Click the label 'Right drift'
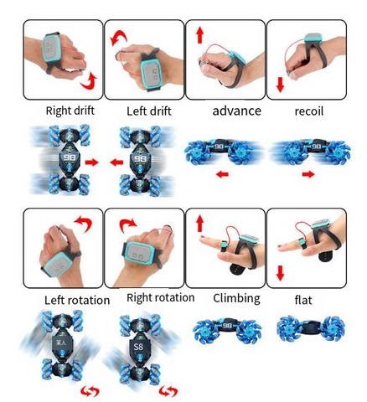pos(70,111)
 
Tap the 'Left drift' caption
pos(149,111)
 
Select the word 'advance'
pos(237,111)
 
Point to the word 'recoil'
pos(309,111)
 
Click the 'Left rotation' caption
pos(77,301)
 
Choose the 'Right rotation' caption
pos(161,297)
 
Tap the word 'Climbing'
pos(236,298)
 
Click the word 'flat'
pos(303,300)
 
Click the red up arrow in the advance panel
pos(199,35)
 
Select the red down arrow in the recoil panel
pos(280,85)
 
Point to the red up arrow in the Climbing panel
pos(199,224)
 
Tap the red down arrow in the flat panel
pos(280,273)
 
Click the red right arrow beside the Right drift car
pos(92,162)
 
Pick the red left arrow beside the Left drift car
pos(116,162)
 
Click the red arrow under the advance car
pos(223,174)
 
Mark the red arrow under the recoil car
pos(308,174)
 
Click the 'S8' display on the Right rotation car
pos(138,347)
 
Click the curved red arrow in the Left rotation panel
pos(84,222)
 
